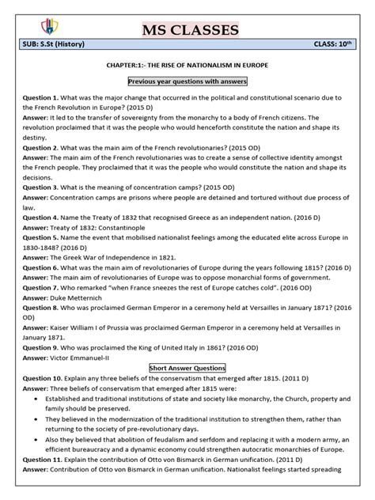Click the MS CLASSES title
point(187,29)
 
